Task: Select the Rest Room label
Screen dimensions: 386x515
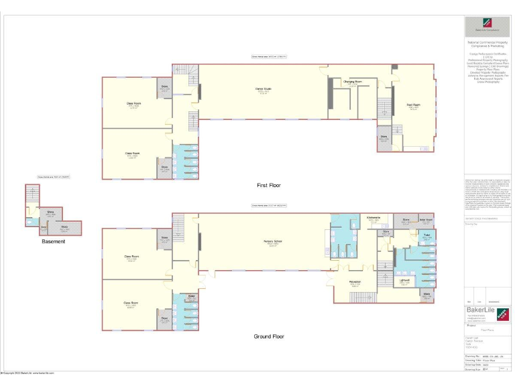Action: click(x=413, y=105)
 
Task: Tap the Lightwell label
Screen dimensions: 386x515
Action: click(x=404, y=280)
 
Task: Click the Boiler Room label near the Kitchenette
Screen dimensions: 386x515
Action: click(x=425, y=219)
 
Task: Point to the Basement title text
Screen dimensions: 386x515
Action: click(x=53, y=241)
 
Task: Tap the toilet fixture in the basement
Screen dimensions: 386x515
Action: click(x=28, y=220)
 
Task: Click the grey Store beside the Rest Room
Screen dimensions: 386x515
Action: click(x=384, y=137)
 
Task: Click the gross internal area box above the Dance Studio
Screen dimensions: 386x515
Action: click(x=268, y=57)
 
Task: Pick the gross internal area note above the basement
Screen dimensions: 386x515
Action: click(x=54, y=177)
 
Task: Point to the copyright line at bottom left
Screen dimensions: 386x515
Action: click(x=28, y=373)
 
